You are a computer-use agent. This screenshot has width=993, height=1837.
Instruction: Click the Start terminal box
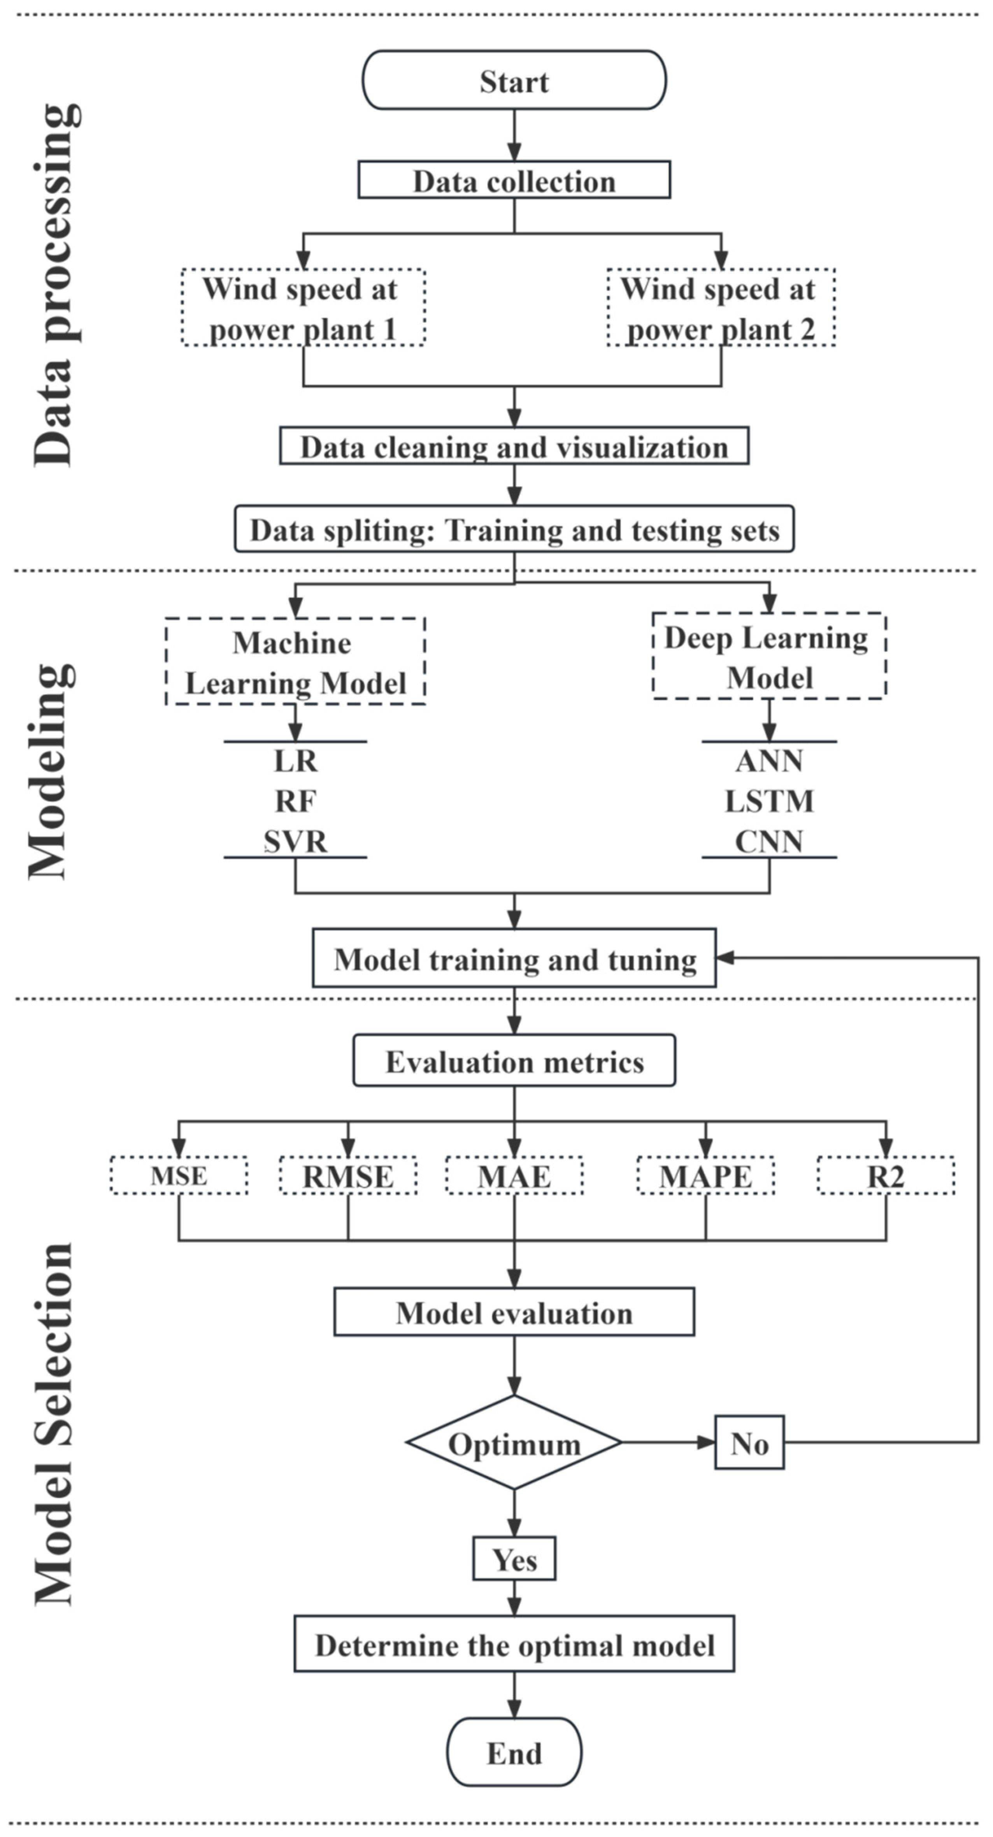click(x=514, y=80)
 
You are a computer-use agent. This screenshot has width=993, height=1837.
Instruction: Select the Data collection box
click(x=514, y=180)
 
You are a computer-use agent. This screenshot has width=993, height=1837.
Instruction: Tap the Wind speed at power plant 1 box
click(x=303, y=308)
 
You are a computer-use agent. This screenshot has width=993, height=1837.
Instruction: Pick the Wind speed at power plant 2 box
click(x=721, y=308)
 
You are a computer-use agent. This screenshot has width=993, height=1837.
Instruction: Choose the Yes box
click(x=514, y=1559)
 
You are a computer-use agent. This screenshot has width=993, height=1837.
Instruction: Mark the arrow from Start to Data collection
click(x=514, y=135)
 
